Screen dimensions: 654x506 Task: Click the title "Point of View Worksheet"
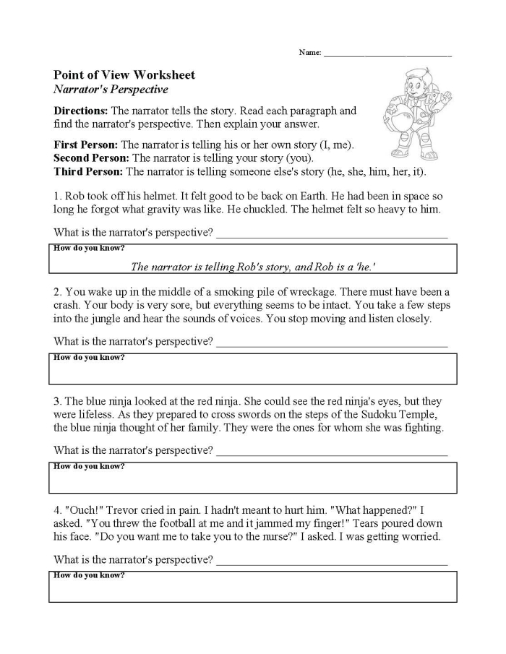124,75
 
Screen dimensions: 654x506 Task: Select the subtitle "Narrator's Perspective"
111,90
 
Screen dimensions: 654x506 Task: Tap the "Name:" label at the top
309,53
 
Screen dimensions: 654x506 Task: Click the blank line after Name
387,54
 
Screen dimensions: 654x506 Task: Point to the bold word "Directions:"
81,111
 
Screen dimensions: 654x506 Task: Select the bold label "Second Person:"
92,158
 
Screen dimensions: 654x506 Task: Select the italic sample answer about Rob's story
252,267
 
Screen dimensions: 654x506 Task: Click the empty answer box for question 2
252,372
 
